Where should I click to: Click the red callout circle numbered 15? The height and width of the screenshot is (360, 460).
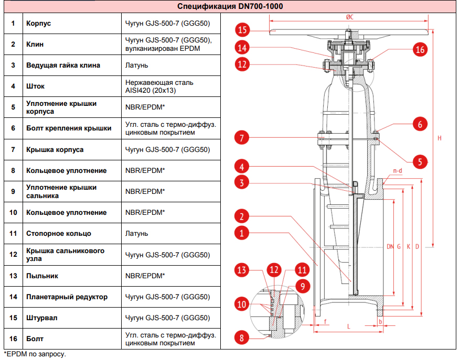tap(242, 29)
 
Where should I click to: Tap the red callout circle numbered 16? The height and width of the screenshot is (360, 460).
tap(419, 50)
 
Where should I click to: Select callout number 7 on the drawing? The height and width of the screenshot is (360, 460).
tap(242, 139)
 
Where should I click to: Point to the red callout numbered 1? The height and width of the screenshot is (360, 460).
tap(242, 233)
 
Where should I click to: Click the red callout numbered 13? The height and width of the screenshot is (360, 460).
tap(242, 270)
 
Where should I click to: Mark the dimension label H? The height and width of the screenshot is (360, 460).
tap(439, 138)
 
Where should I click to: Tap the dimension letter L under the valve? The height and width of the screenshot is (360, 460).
tap(348, 326)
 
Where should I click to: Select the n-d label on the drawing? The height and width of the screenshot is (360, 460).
tap(398, 171)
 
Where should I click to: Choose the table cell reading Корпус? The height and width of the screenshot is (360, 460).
tap(39, 24)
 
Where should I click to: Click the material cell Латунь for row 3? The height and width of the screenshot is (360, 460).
tap(136, 66)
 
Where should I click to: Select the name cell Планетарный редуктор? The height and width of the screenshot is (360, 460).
tap(67, 297)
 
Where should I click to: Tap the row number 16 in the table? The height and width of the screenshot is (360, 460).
tap(14, 339)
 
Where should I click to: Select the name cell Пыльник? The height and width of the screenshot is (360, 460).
tap(42, 276)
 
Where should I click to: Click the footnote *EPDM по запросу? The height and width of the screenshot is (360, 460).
tap(35, 355)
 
